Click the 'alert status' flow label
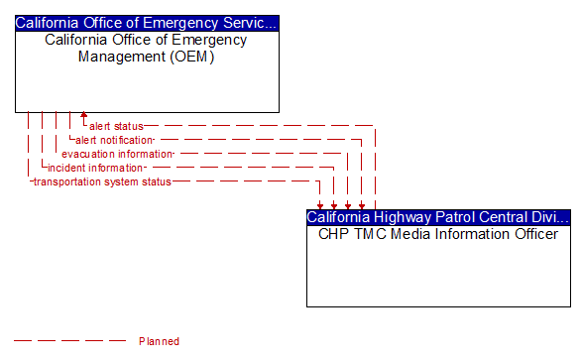click(x=116, y=126)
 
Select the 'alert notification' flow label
click(x=113, y=140)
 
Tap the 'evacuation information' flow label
click(x=117, y=154)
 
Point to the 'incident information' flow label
click(x=95, y=168)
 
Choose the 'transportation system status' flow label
click(x=102, y=181)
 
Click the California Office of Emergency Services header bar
click(x=147, y=22)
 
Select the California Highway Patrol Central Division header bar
click(x=438, y=216)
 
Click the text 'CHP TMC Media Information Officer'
click(x=438, y=234)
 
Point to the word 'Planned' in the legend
click(x=159, y=341)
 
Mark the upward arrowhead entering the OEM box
click(x=84, y=116)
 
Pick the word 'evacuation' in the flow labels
click(x=87, y=154)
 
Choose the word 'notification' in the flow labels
click(x=127, y=140)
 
